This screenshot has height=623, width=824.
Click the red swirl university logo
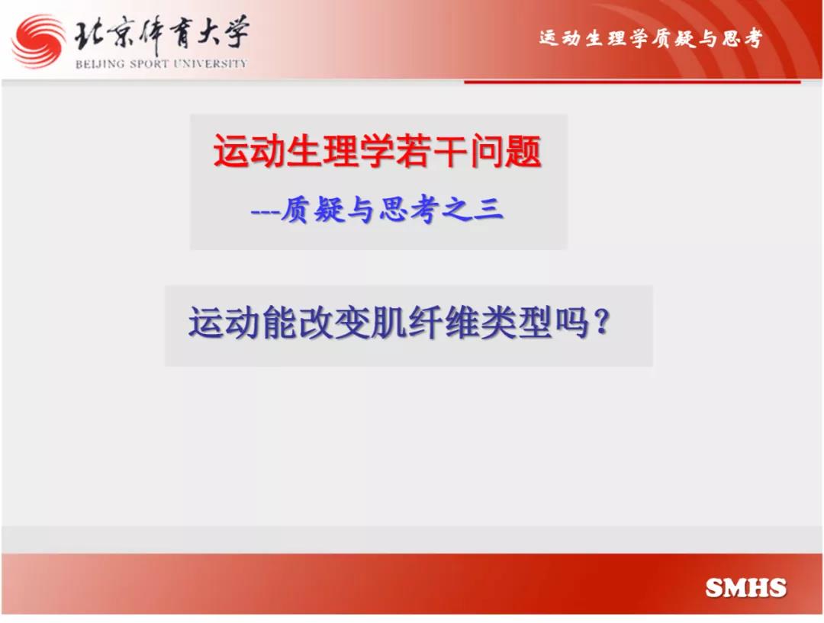(x=38, y=42)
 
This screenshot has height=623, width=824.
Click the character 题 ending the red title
(x=523, y=151)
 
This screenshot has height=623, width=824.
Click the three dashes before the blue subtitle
(x=266, y=212)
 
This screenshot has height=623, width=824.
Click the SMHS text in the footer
(x=745, y=588)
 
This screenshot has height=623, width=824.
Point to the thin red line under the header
(x=632, y=82)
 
